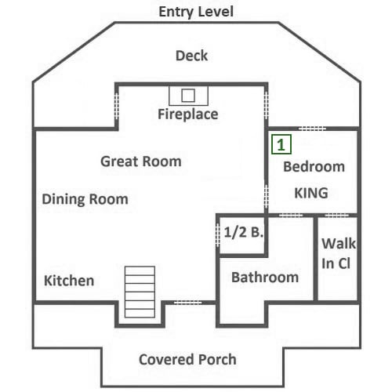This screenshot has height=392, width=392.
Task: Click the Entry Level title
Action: pos(196,12)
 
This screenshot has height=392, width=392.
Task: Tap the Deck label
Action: pos(191,56)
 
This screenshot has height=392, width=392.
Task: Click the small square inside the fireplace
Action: pos(188,96)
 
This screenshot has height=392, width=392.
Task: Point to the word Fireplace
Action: pos(188,114)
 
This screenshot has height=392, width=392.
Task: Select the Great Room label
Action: pos(141,162)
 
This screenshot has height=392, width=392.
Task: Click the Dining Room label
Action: pos(85,199)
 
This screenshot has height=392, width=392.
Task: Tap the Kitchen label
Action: pos(69,281)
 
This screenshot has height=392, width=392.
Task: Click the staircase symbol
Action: pos(140,292)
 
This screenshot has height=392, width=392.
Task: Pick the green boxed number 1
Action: pos(281,144)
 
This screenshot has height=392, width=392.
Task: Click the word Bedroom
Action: pos(314,167)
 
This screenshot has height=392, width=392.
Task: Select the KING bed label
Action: pos(311,193)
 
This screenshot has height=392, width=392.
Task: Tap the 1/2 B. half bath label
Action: pos(243,232)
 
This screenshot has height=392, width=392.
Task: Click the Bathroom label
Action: pos(265,278)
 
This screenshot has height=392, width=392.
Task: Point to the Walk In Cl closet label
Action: pos(339,253)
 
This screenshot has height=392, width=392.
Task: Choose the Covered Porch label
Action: pos(187,359)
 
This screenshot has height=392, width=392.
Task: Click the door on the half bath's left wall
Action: pos(217,234)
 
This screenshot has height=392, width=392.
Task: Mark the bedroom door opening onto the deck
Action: pos(312,129)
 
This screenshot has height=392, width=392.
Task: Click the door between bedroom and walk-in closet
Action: pos(336,216)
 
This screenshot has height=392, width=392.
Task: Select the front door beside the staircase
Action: pos(187,303)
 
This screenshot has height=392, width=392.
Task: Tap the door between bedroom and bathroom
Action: pos(291,216)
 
